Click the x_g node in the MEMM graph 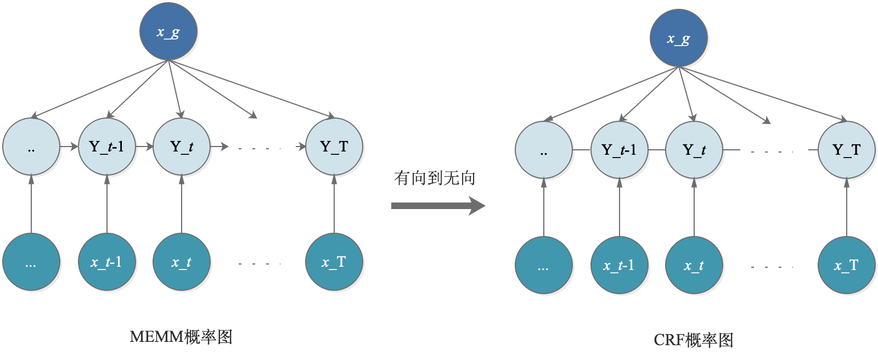(x=168, y=32)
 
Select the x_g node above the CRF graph (x=679, y=38)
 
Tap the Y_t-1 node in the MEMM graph (x=106, y=147)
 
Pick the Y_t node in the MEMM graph (x=182, y=147)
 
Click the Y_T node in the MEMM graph (x=334, y=147)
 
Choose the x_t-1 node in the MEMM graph (x=106, y=262)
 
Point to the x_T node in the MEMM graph (x=334, y=262)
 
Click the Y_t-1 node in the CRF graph (x=619, y=150)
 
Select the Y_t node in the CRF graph (x=694, y=150)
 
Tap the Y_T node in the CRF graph (x=846, y=150)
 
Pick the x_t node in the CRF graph (x=694, y=266)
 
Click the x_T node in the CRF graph (x=846, y=266)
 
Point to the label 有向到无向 (x=434, y=178)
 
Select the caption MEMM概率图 (x=181, y=336)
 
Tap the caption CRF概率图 (x=693, y=340)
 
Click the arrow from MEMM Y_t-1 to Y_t (x=144, y=147)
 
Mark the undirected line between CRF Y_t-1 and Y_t (x=657, y=150)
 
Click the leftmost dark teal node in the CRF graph (x=543, y=266)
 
